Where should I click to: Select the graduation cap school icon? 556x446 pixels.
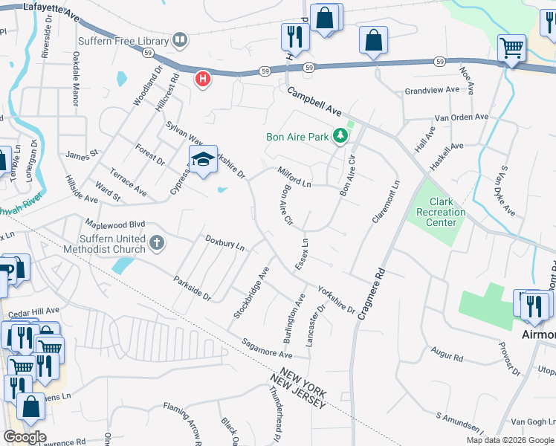[x=203, y=159]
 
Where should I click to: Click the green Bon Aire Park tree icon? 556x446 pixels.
[x=340, y=136]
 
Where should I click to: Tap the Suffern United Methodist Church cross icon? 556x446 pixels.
[x=156, y=242]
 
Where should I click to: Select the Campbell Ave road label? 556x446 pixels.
[x=314, y=103]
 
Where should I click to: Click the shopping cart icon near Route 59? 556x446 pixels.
[x=511, y=48]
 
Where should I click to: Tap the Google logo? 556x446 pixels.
[x=24, y=437]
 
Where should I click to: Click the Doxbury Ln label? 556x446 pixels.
[x=225, y=243]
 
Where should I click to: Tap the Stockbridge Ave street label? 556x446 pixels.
[x=251, y=294]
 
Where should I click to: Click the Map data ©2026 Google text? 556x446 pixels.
[x=511, y=440]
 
